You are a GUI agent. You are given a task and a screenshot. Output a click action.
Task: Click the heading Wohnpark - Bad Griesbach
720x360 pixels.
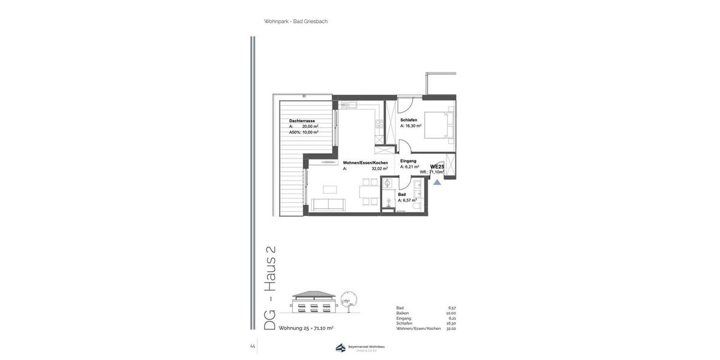pos(296,22)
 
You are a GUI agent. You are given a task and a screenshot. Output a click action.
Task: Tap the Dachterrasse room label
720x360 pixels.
pos(302,121)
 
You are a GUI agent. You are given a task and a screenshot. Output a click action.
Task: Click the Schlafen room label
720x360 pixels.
pos(409,120)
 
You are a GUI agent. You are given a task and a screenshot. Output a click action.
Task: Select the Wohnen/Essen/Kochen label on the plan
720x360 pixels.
pos(365,163)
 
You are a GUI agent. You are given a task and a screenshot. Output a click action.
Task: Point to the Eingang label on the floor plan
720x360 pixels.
pos(408,161)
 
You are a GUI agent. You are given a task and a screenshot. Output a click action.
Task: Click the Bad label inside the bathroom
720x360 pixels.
pos(402,194)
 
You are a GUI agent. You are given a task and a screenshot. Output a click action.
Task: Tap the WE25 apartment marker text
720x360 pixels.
pos(437,167)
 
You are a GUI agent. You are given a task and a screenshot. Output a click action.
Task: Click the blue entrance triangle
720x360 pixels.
pos(437,182)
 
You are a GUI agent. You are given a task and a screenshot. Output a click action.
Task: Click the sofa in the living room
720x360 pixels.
pos(328,205)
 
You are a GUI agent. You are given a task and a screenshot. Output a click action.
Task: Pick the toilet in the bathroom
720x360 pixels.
pos(388,202)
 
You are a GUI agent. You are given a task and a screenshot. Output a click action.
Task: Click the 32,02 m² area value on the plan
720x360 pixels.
pos(379,169)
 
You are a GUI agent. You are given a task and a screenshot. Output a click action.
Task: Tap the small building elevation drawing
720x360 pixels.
pos(313,302)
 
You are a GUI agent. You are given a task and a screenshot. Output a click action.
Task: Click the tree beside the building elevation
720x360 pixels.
pos(348,301)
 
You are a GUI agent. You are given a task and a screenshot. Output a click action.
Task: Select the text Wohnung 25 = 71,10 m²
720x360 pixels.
pos(306,328)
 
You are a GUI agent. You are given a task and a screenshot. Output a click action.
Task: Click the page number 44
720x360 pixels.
pos(253,346)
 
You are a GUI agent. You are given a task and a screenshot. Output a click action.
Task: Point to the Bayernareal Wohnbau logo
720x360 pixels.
pos(360,347)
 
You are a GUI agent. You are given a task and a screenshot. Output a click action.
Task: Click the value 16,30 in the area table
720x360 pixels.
pos(451,323)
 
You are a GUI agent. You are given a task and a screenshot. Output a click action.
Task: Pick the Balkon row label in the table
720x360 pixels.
pos(403,313)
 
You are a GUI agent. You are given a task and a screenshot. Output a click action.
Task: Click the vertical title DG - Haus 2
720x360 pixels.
pos(270,288)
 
